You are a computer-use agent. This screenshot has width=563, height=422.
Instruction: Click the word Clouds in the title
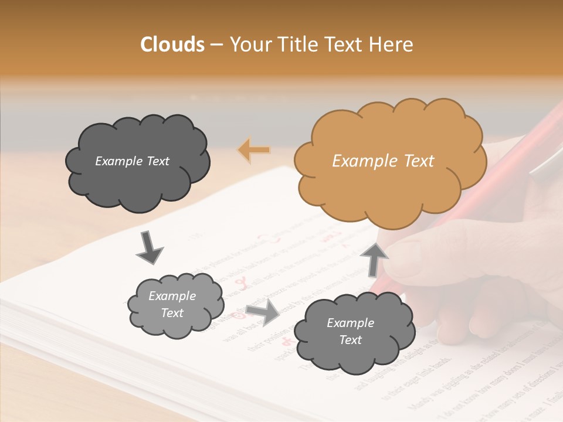pyautogui.click(x=172, y=45)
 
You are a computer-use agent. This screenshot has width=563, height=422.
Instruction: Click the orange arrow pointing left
pyautogui.click(x=254, y=149)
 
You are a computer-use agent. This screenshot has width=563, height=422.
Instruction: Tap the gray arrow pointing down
pyautogui.click(x=150, y=247)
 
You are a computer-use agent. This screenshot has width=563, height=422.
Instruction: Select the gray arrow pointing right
pyautogui.click(x=263, y=314)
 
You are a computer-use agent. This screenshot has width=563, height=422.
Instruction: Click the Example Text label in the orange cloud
pyautogui.click(x=383, y=161)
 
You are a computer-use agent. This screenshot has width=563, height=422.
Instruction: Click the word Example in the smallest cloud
pyautogui.click(x=172, y=296)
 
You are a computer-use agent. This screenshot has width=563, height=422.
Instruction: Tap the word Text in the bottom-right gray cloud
pyautogui.click(x=350, y=340)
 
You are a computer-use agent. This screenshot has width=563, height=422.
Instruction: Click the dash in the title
pyautogui.click(x=216, y=45)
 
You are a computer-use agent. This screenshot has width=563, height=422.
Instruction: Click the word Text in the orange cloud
pyautogui.click(x=415, y=161)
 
